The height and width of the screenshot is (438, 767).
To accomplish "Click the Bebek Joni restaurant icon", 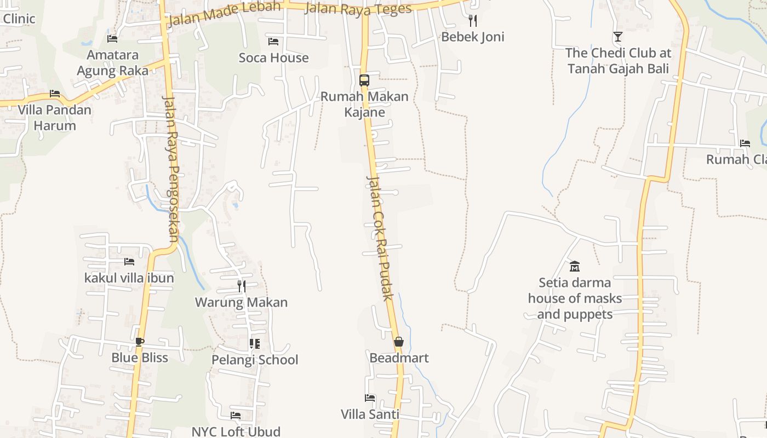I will pyautogui.click(x=473, y=21).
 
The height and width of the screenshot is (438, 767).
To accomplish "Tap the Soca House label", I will pyautogui.click(x=273, y=57).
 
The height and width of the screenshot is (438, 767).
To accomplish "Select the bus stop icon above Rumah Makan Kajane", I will pyautogui.click(x=364, y=80).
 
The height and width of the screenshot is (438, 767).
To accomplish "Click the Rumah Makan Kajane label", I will pyautogui.click(x=364, y=104).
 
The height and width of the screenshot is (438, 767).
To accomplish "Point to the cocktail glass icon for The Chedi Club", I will pyautogui.click(x=618, y=37).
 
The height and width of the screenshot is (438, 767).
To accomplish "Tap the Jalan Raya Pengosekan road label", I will pyautogui.click(x=170, y=169).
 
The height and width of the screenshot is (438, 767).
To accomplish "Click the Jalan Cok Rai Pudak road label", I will pyautogui.click(x=380, y=238).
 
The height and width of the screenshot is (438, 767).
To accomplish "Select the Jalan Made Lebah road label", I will pyautogui.click(x=225, y=14).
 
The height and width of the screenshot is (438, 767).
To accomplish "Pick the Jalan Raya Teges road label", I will pyautogui.click(x=358, y=9).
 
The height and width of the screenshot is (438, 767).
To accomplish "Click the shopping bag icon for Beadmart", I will pyautogui.click(x=399, y=342).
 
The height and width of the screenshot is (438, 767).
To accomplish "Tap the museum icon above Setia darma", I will pyautogui.click(x=575, y=267).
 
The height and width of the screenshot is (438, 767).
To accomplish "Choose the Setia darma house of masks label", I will pyautogui.click(x=575, y=298).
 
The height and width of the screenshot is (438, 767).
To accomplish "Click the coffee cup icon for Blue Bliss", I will pyautogui.click(x=140, y=342).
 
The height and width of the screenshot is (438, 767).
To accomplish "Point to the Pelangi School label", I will pyautogui.click(x=255, y=360).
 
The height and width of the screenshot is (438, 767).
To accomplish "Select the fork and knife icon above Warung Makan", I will pyautogui.click(x=241, y=286).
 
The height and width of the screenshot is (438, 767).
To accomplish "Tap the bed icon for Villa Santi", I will pyautogui.click(x=370, y=398).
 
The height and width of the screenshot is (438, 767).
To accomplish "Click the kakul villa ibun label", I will pyautogui.click(x=129, y=278).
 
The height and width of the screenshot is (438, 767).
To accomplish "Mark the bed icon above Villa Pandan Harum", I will pyautogui.click(x=54, y=94).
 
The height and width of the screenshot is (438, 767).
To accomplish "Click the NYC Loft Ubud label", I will pyautogui.click(x=236, y=431).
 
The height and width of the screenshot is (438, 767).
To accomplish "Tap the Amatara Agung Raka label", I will pyautogui.click(x=113, y=62).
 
